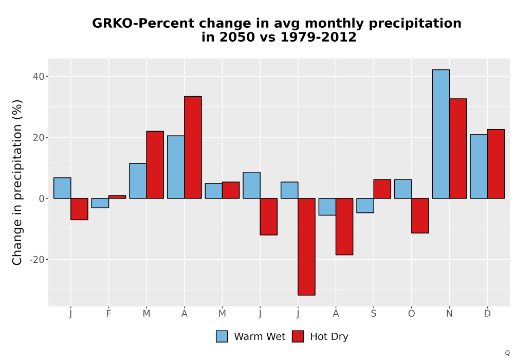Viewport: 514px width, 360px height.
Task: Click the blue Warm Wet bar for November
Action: coord(441,134)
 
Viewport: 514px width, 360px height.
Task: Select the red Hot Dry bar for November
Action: coord(458,149)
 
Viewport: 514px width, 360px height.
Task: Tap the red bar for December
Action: coord(495,164)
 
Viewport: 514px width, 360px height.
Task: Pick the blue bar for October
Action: coord(403,189)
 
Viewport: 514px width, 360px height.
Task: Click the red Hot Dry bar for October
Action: coord(420,215)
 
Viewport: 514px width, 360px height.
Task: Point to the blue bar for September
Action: coord(365,206)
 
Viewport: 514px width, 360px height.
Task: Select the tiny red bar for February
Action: coord(117,197)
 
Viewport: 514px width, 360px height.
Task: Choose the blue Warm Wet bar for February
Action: coord(100,203)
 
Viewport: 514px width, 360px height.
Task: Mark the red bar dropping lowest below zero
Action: coord(306,246)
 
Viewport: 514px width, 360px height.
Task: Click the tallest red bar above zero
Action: coord(193,147)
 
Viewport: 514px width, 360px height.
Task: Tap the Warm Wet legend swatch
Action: coord(222,336)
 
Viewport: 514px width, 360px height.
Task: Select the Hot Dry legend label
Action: coord(329,337)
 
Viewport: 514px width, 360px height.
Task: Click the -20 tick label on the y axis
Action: coord(36,260)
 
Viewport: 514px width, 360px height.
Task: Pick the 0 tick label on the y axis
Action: coord(41,199)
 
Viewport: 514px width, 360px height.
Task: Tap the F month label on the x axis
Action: coord(108,314)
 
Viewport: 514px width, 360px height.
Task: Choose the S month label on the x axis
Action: coord(374,314)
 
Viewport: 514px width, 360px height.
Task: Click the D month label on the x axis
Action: coord(487,314)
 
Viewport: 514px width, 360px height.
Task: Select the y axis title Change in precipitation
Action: coord(17,182)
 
